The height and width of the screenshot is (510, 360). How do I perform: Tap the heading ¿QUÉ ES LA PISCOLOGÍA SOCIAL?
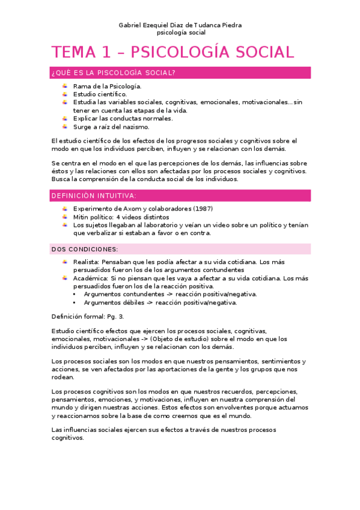click(x=114, y=73)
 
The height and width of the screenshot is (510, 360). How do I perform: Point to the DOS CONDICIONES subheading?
click(x=85, y=249)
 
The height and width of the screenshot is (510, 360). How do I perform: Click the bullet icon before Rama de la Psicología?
click(x=65, y=86)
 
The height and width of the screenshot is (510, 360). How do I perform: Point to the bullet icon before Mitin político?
click(x=65, y=217)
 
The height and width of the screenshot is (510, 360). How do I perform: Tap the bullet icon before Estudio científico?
click(x=65, y=94)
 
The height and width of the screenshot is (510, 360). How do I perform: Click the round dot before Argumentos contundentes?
click(x=74, y=294)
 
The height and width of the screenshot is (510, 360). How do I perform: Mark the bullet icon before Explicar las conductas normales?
click(x=65, y=118)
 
